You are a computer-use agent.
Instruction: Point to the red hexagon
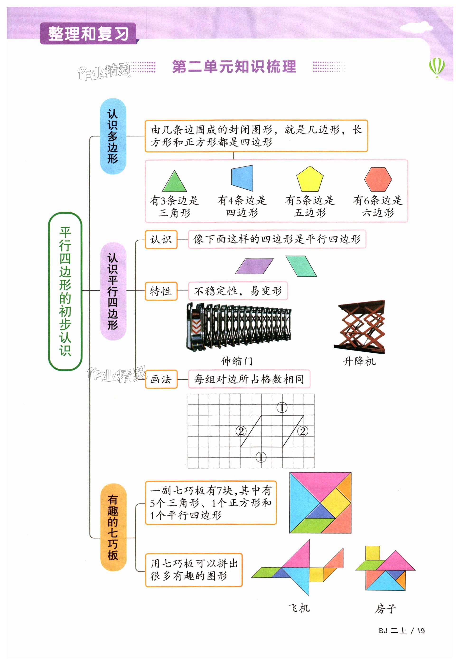[x=378, y=179]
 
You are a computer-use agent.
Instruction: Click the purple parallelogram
[x=254, y=266]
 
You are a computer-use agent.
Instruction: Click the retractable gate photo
[x=238, y=327]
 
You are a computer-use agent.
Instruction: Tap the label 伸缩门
[x=237, y=361]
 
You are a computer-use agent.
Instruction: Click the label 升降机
[x=359, y=361]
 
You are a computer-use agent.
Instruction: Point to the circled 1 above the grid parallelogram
[x=282, y=408]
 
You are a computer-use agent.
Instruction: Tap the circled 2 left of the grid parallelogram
[x=241, y=431]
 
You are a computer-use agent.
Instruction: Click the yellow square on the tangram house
[x=372, y=553]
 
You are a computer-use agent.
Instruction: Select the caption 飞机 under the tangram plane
[x=299, y=608]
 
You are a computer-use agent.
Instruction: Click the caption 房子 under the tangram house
[x=385, y=609]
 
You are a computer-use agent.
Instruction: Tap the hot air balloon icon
[x=437, y=67]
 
